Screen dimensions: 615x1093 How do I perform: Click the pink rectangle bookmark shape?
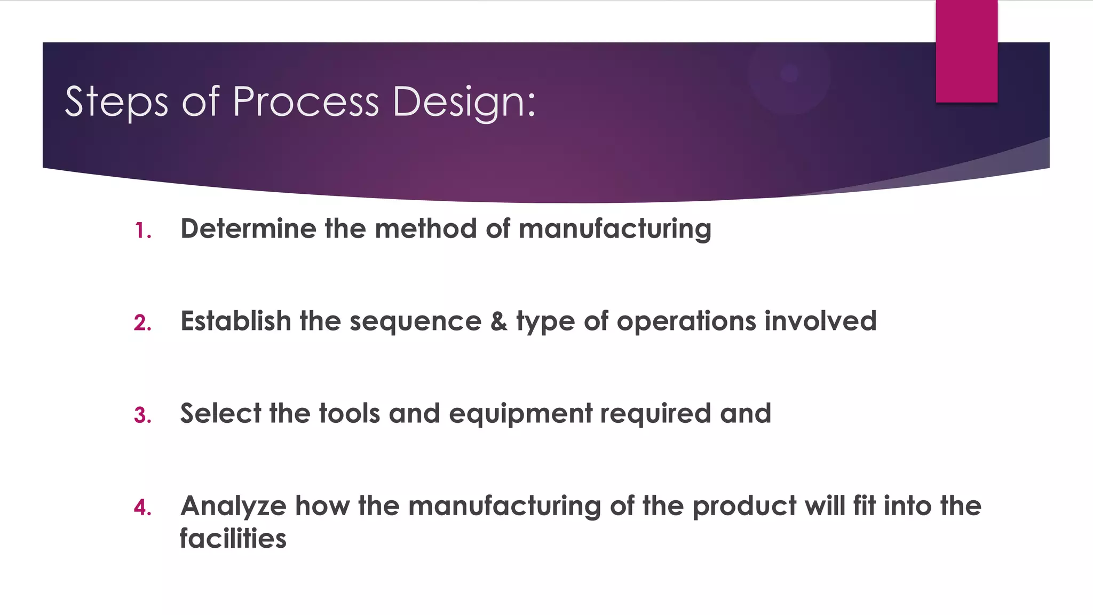tap(966, 51)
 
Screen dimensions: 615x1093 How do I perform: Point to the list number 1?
tap(142, 231)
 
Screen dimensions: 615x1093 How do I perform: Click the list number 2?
tap(142, 323)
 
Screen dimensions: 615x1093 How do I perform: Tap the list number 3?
tap(142, 415)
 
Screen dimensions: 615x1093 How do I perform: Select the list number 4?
tap(142, 507)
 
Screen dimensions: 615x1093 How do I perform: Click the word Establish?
tap(235, 321)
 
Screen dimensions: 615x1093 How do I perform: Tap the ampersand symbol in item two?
tap(498, 321)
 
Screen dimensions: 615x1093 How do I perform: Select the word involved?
tap(820, 321)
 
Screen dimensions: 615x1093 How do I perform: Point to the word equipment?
tap(520, 414)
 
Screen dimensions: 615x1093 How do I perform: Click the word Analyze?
tap(233, 506)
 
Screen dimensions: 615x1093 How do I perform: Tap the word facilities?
tap(233, 538)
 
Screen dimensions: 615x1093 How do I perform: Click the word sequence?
tap(415, 322)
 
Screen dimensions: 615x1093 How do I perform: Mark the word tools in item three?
tap(349, 413)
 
